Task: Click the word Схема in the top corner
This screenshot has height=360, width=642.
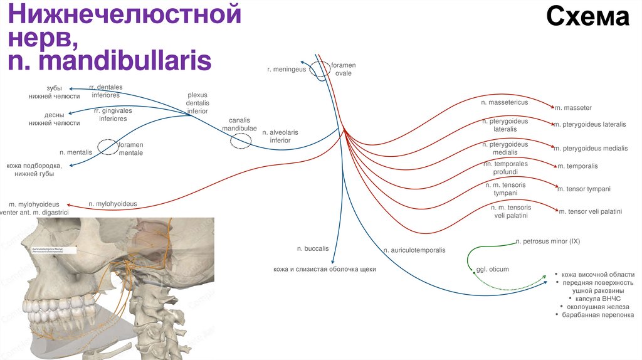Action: tap(587, 18)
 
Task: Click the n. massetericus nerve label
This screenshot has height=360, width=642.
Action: tap(504, 102)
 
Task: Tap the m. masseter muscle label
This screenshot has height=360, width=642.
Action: tap(573, 108)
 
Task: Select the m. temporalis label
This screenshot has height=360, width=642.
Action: tap(577, 166)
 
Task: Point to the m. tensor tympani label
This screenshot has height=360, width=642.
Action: tap(584, 189)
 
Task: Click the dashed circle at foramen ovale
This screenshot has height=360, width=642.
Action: tap(320, 70)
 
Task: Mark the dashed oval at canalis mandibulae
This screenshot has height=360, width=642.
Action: tap(239, 141)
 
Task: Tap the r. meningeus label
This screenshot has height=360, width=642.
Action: tap(286, 70)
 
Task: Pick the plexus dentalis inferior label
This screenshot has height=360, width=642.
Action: tap(197, 103)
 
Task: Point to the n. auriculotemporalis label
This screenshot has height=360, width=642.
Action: tap(414, 250)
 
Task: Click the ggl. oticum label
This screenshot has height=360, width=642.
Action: tap(493, 270)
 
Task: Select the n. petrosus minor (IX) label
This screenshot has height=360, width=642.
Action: tap(548, 241)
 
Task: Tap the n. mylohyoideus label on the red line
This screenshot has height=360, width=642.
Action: tap(113, 204)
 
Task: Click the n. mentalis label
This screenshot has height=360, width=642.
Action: tap(76, 152)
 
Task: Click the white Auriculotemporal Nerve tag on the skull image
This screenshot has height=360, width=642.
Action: tap(54, 250)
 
